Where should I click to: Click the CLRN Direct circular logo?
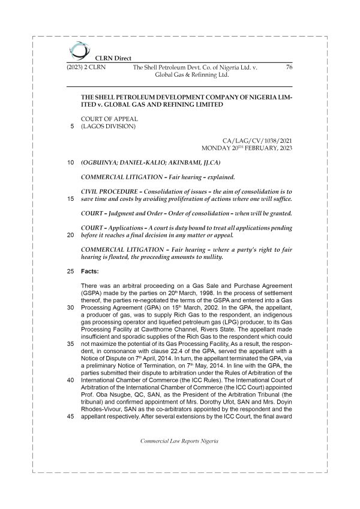tap(77, 51)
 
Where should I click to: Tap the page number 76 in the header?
tap(289, 68)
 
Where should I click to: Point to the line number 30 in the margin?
tap(71, 307)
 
